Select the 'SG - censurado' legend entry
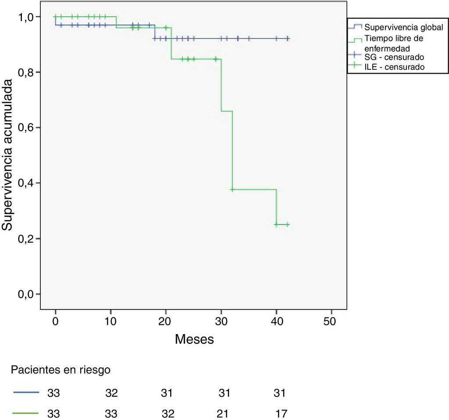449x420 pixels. tap(394, 57)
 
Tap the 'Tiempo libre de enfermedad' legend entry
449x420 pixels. tap(394, 43)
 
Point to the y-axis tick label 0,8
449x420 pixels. tap(26, 72)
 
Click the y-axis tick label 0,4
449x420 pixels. tap(26, 183)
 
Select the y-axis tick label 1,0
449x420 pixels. tap(26, 17)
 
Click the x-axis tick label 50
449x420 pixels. tap(331, 321)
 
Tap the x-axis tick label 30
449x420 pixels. tap(221, 321)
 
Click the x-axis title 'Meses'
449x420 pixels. tap(194, 339)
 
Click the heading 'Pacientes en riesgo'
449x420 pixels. tap(61, 370)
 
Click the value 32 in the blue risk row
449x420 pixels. tap(111, 393)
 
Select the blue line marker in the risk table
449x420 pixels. tap(26, 393)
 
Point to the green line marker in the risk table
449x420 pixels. tap(26, 413)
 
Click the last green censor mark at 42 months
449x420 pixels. tap(288, 224)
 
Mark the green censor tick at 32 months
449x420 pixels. tap(232, 189)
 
